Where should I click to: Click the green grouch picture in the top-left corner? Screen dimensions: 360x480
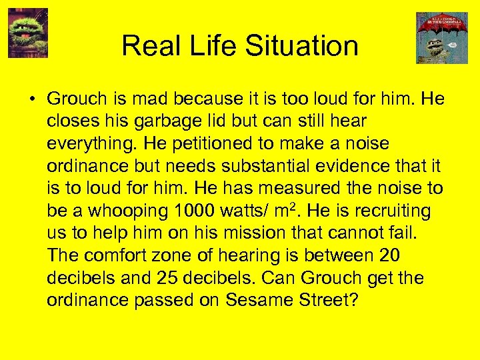pyautogui.click(x=28, y=33)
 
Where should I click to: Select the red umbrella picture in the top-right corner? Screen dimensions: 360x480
pyautogui.click(x=442, y=37)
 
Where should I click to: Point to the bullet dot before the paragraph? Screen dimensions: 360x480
pyautogui.click(x=32, y=99)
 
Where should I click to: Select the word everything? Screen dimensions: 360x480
pyautogui.click(x=93, y=144)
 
